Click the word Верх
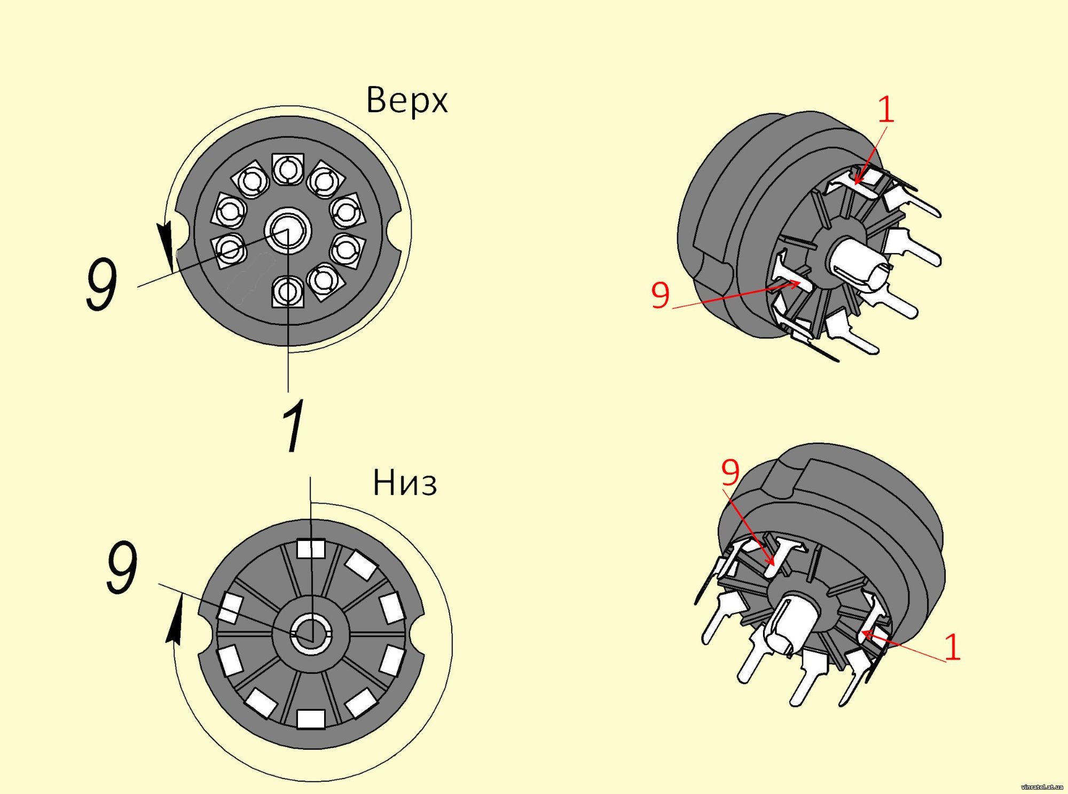click(407, 99)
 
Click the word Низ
click(405, 483)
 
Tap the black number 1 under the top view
click(293, 426)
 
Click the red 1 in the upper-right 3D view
click(886, 109)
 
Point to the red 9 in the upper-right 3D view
click(661, 295)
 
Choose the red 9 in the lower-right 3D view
click(731, 471)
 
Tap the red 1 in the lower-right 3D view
click(953, 647)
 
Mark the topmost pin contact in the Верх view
click(288, 169)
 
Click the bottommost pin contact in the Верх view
click(288, 292)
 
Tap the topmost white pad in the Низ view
click(311, 548)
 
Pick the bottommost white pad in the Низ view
click(311, 719)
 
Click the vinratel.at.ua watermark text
click(1041, 787)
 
